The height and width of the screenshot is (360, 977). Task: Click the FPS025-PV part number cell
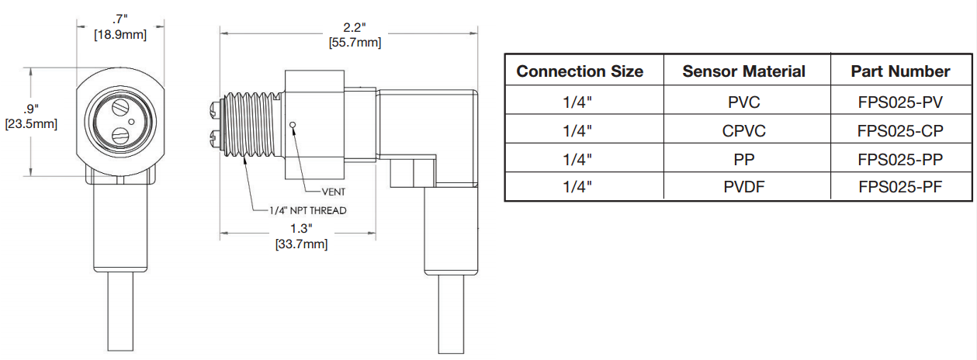click(x=900, y=101)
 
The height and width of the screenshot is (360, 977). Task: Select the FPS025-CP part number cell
click(x=900, y=130)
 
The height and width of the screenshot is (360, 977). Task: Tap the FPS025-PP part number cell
click(x=900, y=159)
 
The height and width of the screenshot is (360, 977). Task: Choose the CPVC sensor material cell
click(x=743, y=130)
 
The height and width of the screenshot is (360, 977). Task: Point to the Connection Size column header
click(x=580, y=71)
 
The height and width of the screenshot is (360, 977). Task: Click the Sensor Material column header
click(x=743, y=71)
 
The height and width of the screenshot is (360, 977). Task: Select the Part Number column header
click(x=900, y=71)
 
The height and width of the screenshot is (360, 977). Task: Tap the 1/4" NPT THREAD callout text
click(x=307, y=210)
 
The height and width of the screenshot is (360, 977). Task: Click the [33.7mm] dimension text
click(x=301, y=244)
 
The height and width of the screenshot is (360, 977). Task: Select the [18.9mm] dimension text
click(x=120, y=33)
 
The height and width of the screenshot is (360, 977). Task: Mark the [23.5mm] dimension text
click(x=31, y=123)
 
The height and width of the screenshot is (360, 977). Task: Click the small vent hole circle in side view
click(x=292, y=123)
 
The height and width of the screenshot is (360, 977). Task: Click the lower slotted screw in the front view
click(x=120, y=137)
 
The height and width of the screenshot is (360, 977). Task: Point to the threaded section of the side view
click(x=248, y=123)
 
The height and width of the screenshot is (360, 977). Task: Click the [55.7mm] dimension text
click(x=355, y=42)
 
